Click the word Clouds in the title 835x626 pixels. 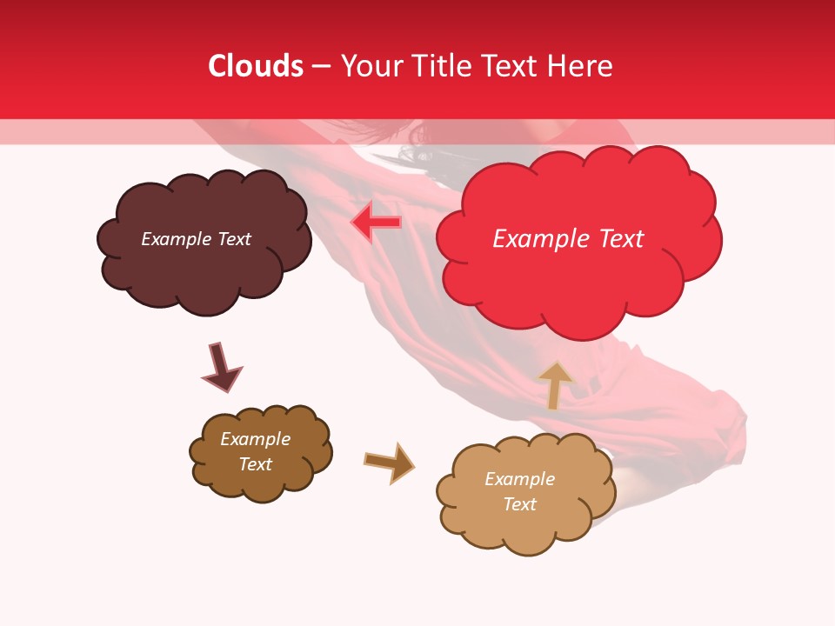pyautogui.click(x=256, y=66)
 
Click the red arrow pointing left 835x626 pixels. pyautogui.click(x=376, y=223)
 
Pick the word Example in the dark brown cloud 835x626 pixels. pyautogui.click(x=255, y=439)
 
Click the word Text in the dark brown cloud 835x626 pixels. pyautogui.click(x=255, y=464)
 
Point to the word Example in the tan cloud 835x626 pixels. pyautogui.click(x=519, y=479)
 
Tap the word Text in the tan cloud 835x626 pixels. pyautogui.click(x=519, y=504)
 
